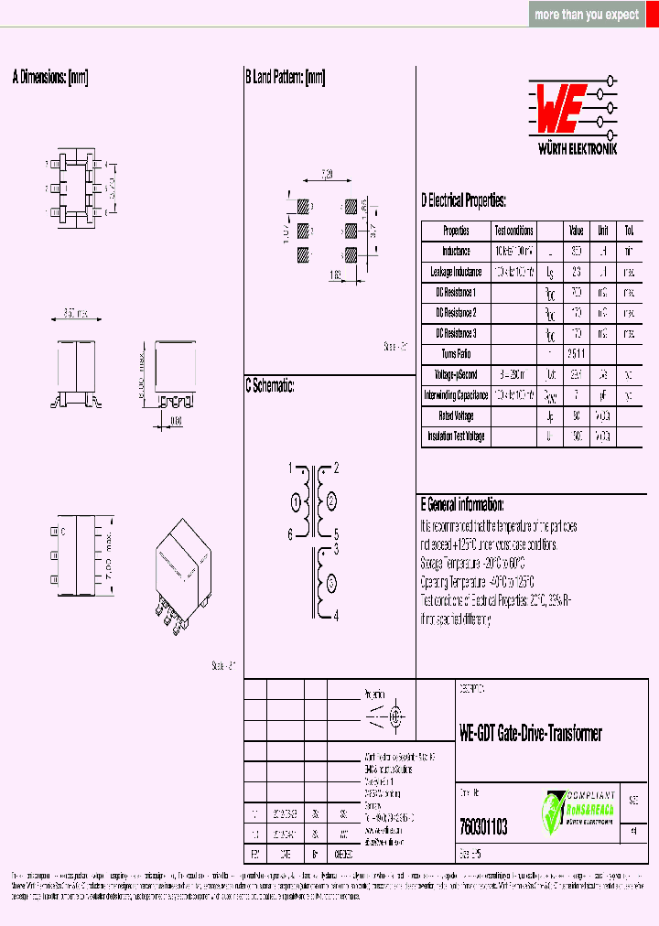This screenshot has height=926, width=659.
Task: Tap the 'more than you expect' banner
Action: [x=587, y=15]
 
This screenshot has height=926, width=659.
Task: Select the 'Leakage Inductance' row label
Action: [x=456, y=272]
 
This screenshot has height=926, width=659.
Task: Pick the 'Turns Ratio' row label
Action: [x=456, y=354]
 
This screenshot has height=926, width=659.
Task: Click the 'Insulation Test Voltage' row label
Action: [x=456, y=436]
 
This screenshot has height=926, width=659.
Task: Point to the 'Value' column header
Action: [x=576, y=231]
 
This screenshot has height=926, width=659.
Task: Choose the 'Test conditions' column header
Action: [x=513, y=231]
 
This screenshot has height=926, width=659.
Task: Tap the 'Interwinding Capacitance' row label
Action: [x=456, y=395]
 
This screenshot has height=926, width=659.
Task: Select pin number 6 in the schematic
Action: [x=291, y=534]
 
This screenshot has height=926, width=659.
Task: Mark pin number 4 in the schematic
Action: [x=336, y=616]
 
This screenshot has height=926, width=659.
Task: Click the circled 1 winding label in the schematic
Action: [x=296, y=501]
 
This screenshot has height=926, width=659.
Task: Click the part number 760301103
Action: [x=483, y=827]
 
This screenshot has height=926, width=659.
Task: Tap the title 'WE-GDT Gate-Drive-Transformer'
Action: [x=530, y=733]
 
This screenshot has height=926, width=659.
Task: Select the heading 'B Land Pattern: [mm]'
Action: [x=285, y=78]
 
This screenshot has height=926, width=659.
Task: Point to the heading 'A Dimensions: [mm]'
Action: [x=50, y=78]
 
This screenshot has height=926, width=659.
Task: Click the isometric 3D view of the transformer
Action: [x=183, y=573]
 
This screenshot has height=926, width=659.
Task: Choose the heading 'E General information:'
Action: [x=462, y=504]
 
